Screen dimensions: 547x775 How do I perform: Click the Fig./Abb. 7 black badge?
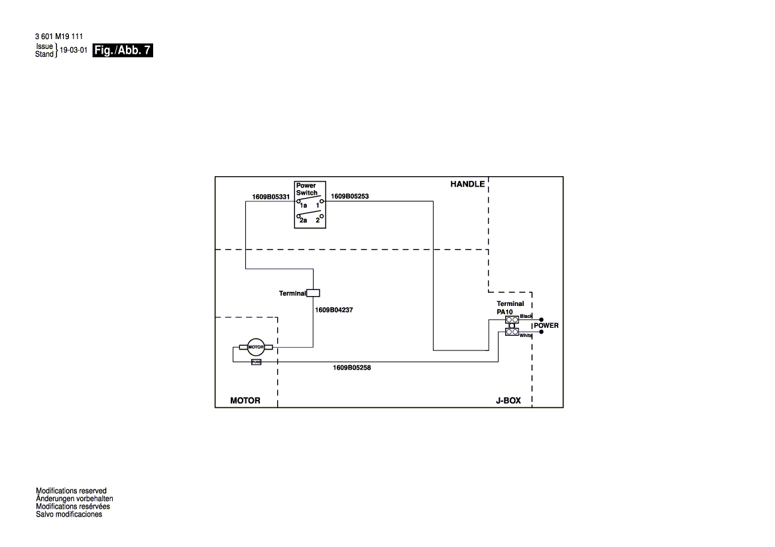123,50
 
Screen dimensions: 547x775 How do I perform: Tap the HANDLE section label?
467,184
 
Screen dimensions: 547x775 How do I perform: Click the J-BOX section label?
508,401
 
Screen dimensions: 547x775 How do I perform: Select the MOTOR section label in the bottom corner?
245,401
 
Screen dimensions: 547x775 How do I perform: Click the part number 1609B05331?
270,197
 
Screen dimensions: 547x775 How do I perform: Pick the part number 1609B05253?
349,197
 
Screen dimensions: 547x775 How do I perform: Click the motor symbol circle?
256,347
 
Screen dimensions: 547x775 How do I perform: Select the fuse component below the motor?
256,362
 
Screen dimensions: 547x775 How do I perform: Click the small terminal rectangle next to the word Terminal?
315,293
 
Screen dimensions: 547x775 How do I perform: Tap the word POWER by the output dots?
546,326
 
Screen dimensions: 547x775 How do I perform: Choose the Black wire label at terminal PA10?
526,317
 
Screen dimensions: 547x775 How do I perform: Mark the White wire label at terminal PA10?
526,336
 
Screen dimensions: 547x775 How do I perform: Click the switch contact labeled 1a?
302,206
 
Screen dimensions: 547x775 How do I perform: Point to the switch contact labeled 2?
318,221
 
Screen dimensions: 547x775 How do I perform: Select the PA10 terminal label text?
506,311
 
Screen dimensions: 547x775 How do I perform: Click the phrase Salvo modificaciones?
69,515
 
